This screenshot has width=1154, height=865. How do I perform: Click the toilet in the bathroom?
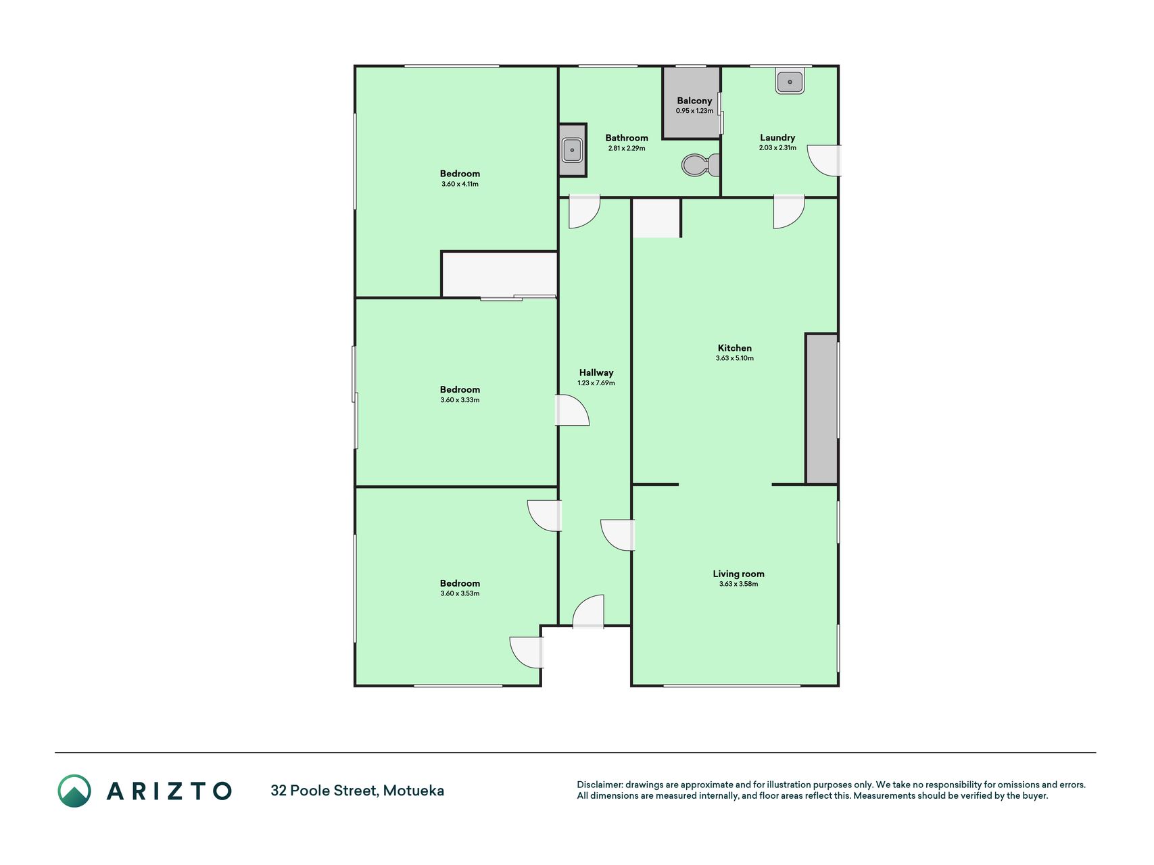700,164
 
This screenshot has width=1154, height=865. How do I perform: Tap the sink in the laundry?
790,82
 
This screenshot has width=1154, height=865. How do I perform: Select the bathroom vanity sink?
572,149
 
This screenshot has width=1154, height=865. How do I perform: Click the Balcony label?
694,101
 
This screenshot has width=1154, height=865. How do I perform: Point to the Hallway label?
596,372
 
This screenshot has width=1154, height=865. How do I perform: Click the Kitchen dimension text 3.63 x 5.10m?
735,358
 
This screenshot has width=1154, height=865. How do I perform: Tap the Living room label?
738,574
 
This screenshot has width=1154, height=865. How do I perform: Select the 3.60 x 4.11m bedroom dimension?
460,184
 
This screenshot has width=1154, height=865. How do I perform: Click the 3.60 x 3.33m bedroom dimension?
460,400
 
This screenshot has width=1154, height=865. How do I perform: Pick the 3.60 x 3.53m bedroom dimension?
460,593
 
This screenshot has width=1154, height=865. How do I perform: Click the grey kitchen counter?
822,409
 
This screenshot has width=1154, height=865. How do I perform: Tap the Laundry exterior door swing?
824,161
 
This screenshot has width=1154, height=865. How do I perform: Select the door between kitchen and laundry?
789,212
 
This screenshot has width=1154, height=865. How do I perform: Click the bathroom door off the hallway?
584,212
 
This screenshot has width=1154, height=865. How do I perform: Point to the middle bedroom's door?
572,410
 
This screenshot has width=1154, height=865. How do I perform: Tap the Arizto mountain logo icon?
74,791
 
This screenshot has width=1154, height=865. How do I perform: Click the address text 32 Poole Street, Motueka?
357,791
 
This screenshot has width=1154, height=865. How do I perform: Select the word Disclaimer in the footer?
599,785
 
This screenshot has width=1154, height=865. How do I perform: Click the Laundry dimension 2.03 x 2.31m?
777,147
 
